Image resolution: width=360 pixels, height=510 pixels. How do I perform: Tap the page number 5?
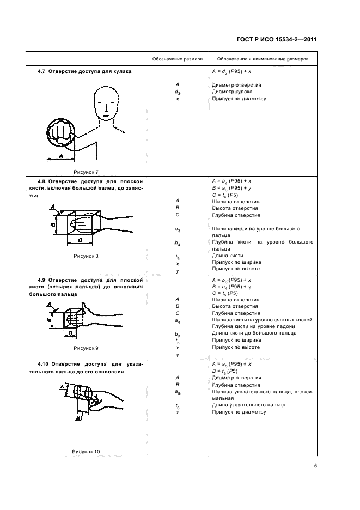point(315,466)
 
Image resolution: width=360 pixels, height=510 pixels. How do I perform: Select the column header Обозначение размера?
point(178,58)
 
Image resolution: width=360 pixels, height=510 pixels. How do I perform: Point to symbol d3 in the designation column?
point(178,92)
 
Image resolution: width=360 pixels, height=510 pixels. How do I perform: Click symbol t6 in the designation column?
point(178,406)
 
